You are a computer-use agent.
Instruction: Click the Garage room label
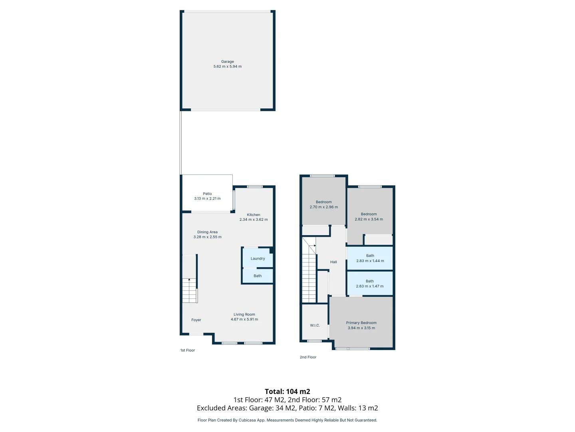click(228, 62)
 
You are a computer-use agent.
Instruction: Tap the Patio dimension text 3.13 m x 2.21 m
click(207, 199)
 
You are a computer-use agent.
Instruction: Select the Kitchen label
click(254, 215)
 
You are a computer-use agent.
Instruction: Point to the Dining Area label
click(207, 232)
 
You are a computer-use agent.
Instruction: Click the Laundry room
click(258, 258)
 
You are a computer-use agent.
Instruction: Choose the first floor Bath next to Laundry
click(258, 276)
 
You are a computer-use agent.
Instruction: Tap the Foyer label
click(196, 320)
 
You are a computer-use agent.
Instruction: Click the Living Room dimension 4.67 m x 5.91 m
click(244, 320)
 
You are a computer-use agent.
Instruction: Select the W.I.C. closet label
click(315, 325)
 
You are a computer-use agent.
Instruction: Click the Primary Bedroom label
click(361, 323)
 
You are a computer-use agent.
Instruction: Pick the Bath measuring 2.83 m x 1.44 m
click(370, 258)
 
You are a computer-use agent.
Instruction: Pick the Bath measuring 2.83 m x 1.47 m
click(370, 284)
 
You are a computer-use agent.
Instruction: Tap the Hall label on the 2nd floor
click(333, 262)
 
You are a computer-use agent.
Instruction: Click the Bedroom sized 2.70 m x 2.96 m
click(324, 204)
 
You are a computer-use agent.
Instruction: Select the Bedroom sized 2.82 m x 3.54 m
click(369, 216)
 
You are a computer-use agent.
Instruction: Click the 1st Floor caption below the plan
click(188, 350)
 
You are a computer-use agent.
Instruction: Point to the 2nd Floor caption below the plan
click(308, 357)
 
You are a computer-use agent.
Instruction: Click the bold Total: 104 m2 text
click(287, 392)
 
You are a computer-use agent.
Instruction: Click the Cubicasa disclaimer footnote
click(287, 420)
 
